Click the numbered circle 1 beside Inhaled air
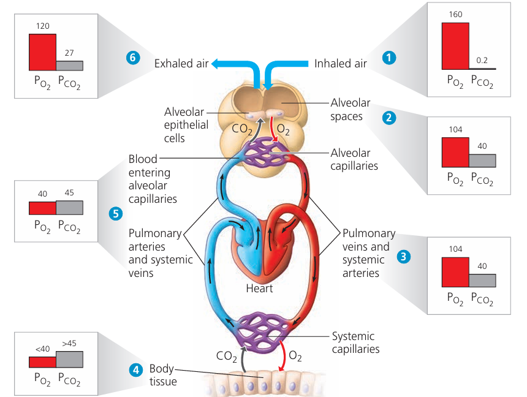(x=388, y=58)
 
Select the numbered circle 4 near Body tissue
(x=134, y=369)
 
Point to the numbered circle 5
(x=115, y=213)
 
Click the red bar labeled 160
(x=455, y=46)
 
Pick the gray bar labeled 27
(x=69, y=66)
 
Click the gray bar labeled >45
(x=69, y=359)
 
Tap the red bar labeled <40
(x=42, y=362)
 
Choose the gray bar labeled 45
(x=69, y=207)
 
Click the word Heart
(x=259, y=288)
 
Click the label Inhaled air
(x=340, y=63)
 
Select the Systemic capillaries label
(x=355, y=342)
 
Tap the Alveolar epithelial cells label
(x=186, y=125)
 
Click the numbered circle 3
(x=403, y=256)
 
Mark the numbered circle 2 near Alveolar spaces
(x=388, y=118)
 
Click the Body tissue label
(x=162, y=375)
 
